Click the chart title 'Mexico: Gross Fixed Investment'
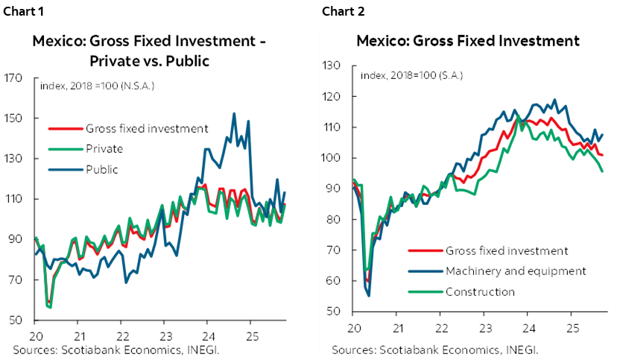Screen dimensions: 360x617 click(468, 40)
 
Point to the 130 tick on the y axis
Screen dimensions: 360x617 click(331, 66)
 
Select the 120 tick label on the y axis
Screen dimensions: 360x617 click(331, 97)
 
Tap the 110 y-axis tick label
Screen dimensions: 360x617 click(331, 127)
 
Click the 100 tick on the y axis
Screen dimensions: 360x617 click(331, 158)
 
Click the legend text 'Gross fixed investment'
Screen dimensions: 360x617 click(507, 250)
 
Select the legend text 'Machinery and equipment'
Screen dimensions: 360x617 click(516, 271)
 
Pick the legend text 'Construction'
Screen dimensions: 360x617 click(480, 291)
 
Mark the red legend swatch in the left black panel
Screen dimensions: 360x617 click(66, 128)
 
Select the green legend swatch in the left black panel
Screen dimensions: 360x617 click(66, 149)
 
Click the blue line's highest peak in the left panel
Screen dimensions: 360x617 click(234, 114)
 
